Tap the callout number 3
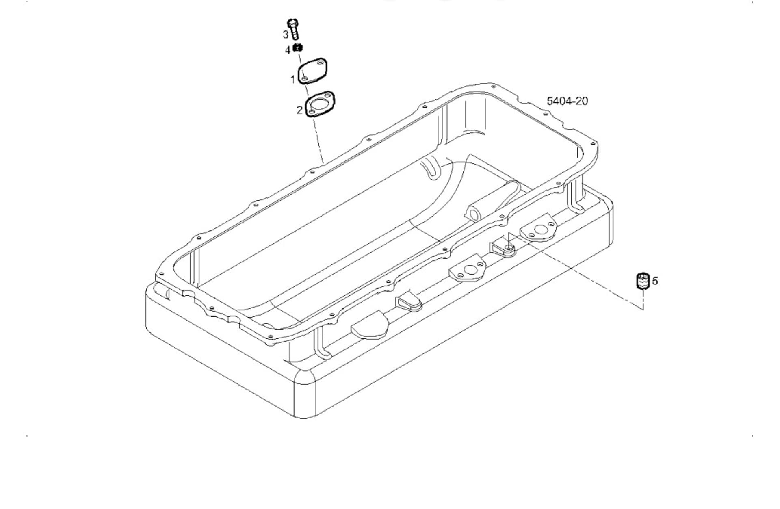pos(286,35)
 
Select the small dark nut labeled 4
pos(299,48)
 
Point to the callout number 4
pos(288,50)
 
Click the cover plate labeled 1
pos(312,71)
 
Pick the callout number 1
pos(292,79)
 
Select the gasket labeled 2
pos(320,104)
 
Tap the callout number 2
pos(299,110)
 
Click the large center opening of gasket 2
pos(321,103)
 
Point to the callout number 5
pos(655,281)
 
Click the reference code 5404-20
pos(567,101)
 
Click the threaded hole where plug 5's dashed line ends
pos(509,247)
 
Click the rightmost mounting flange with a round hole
pos(539,230)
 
